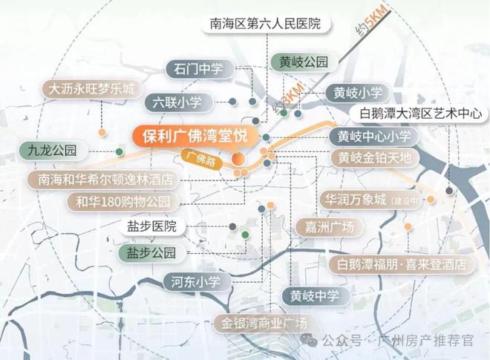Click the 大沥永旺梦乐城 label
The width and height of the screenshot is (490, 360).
(x=92, y=88)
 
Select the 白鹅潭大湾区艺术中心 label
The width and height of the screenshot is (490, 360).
(x=420, y=114)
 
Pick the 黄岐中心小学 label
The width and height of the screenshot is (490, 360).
(x=374, y=137)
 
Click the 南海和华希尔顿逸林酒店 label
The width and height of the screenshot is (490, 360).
(x=103, y=179)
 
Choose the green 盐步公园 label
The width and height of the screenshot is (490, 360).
(x=151, y=253)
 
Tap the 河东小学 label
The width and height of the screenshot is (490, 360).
(x=192, y=281)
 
